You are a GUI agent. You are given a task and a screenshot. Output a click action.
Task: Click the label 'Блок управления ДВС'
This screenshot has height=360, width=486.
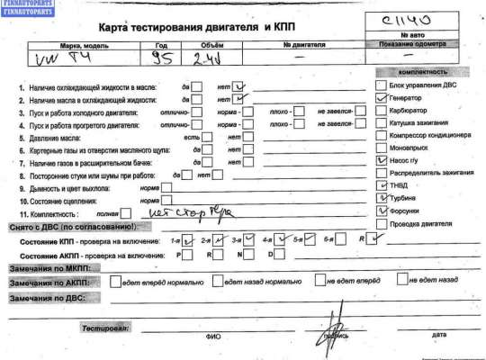(x=426, y=83)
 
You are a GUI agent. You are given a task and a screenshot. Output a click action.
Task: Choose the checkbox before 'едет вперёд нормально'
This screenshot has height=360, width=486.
(x=114, y=283)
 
